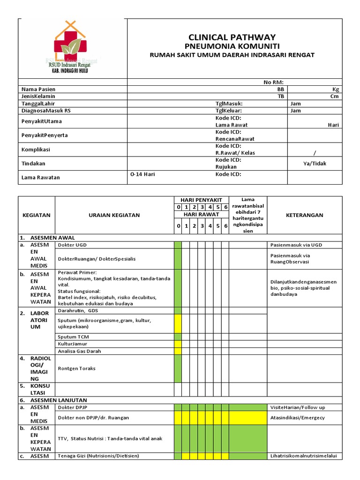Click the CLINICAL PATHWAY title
point(232,37)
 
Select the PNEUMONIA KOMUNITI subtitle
point(232,46)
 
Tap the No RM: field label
point(274,82)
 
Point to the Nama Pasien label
point(38,89)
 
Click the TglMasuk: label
point(229,104)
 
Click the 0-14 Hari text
point(142,174)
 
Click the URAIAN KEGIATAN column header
point(114,215)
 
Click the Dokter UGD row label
point(72,245)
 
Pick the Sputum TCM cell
point(73,337)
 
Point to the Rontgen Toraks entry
point(76,368)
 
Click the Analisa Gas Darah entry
point(79,351)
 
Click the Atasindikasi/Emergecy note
point(298,418)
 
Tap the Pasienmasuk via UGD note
point(296,245)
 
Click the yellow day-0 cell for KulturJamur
point(178,344)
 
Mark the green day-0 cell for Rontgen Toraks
point(178,368)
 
